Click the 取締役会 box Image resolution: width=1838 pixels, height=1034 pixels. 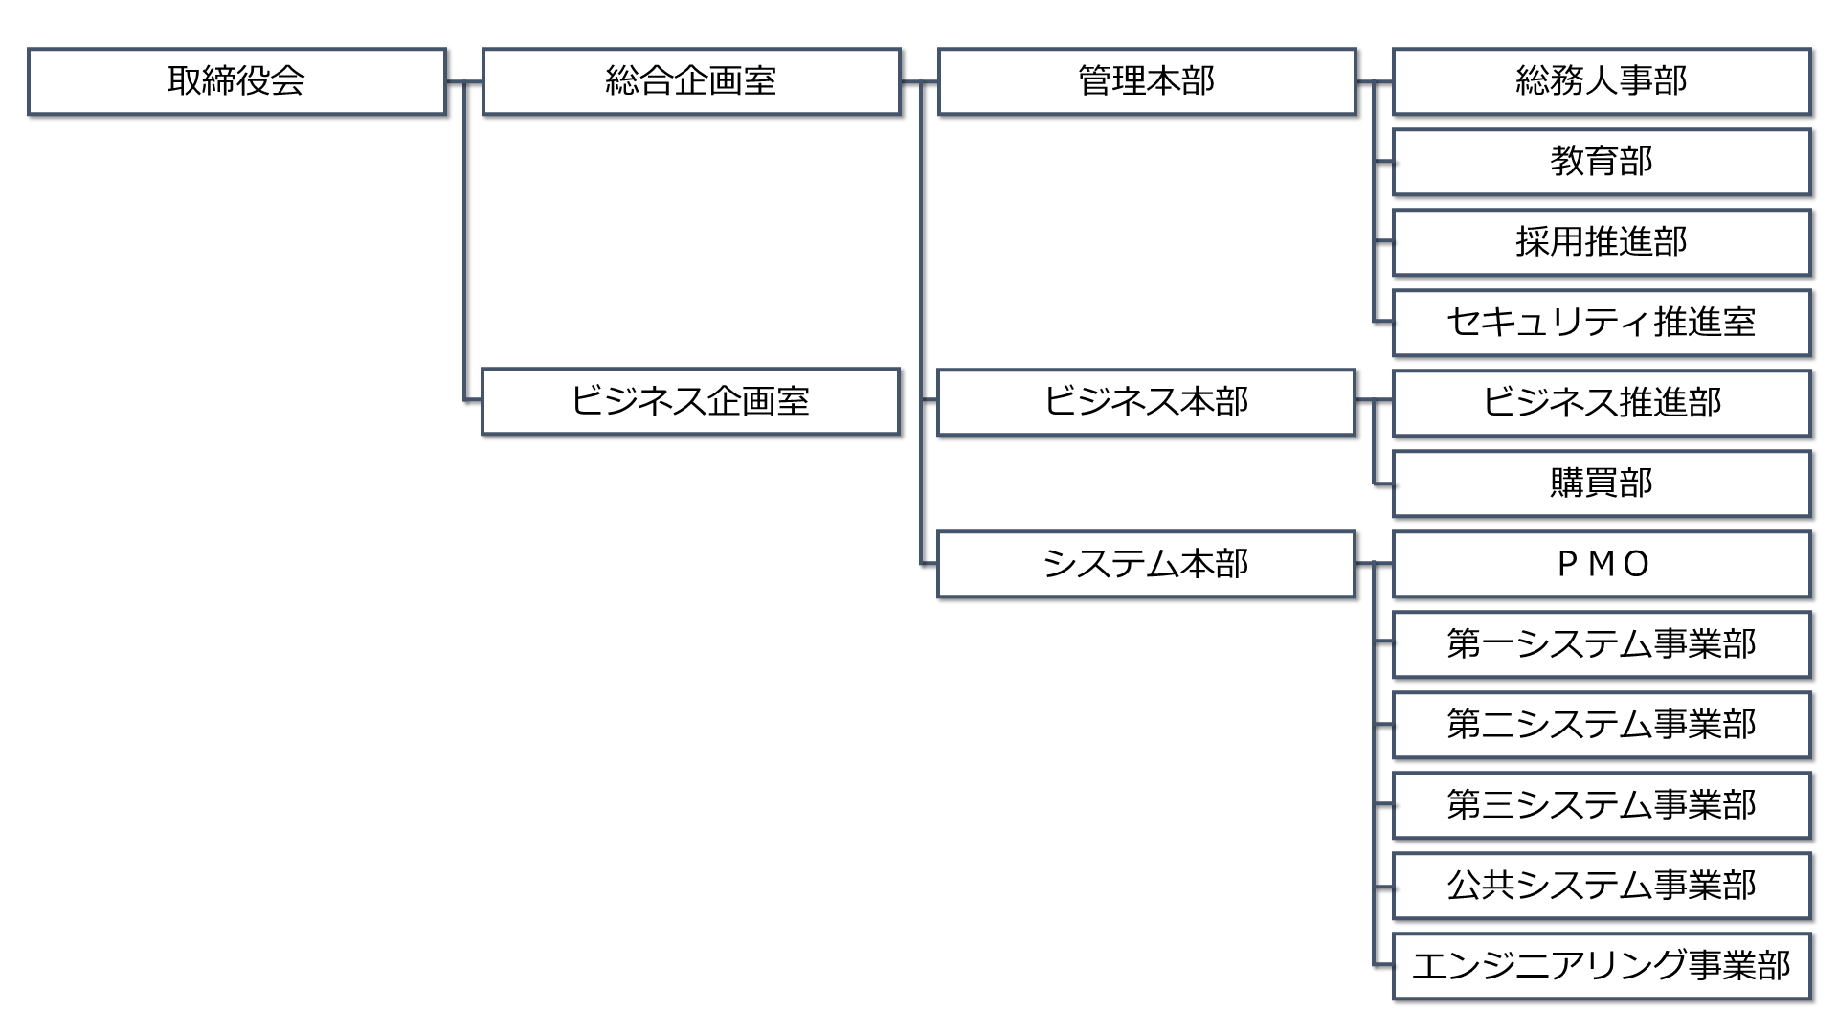point(237,81)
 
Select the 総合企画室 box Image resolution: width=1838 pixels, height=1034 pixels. point(691,81)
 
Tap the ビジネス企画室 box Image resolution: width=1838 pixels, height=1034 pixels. point(691,401)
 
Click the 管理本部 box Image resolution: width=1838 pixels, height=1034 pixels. point(1147,81)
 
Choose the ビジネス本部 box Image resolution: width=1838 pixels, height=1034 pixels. point(1147,401)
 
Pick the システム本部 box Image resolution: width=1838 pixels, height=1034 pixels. point(1147,564)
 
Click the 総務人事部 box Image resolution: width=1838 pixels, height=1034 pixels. point(1602,81)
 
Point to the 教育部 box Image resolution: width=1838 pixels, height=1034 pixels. point(1602,162)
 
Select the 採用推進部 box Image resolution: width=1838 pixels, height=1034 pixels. point(1602,242)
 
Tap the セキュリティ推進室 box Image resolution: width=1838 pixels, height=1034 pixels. point(1602,323)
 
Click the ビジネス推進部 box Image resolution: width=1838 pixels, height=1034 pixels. point(1602,403)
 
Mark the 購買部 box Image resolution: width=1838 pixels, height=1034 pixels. point(1602,483)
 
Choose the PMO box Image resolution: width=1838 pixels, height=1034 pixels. point(1602,564)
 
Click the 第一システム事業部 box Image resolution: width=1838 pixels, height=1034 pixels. point(1602,644)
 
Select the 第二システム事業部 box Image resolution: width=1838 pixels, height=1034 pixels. point(1602,725)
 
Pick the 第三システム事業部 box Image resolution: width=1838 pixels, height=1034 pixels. point(1602,805)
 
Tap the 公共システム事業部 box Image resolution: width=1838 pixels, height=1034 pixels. point(1602,886)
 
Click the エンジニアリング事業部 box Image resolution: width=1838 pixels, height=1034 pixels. point(1602,966)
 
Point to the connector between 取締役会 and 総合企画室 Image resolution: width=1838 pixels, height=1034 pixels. point(464,82)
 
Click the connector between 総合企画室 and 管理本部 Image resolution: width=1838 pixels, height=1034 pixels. point(919,82)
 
